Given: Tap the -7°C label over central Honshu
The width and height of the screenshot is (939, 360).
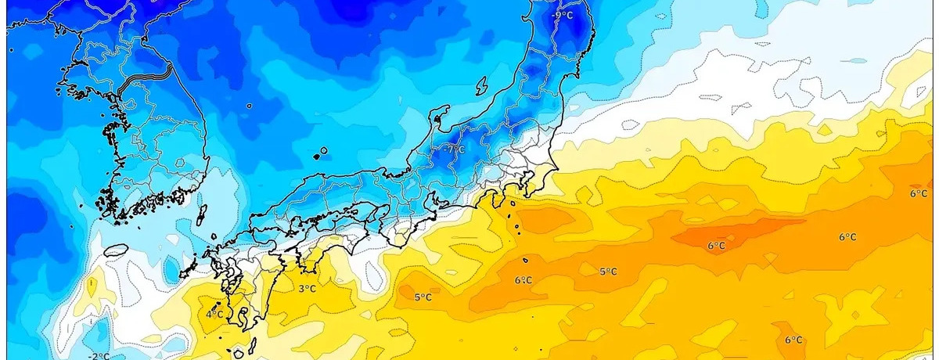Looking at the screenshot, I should [455, 148].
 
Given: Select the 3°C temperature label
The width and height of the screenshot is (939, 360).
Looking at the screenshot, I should [308, 289].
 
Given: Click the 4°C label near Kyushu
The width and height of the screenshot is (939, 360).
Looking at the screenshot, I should [214, 314].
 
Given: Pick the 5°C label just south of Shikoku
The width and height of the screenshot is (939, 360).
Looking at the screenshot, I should [423, 297].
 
